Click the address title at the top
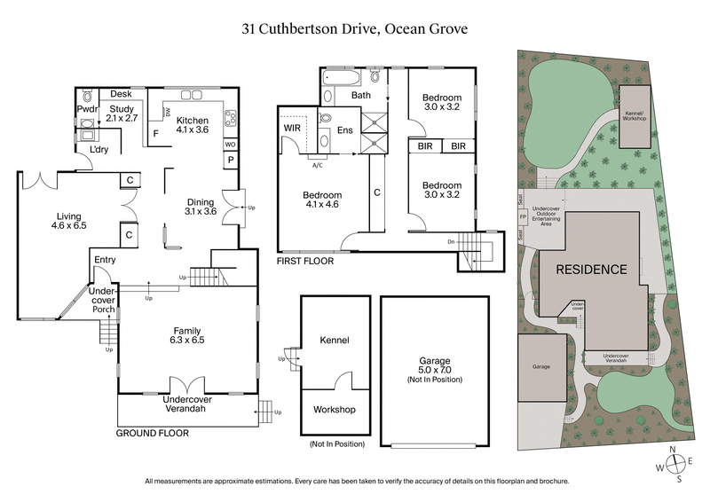(x=355, y=28)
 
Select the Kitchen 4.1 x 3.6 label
(x=193, y=125)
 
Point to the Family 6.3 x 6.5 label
(x=187, y=333)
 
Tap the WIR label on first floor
(x=293, y=129)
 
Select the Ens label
(x=344, y=131)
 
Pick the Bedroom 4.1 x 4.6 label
(x=321, y=200)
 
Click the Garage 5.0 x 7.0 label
(x=435, y=366)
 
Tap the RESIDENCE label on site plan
(x=591, y=270)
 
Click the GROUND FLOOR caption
(x=153, y=434)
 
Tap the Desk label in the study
(x=122, y=93)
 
